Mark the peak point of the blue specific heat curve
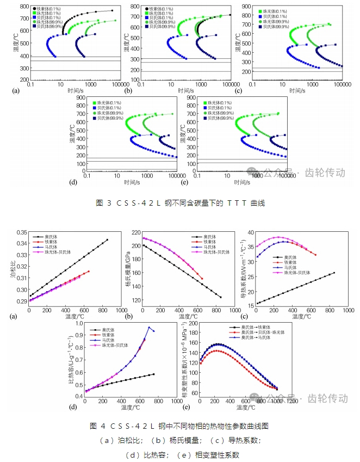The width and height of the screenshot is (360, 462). click(x=149, y=327)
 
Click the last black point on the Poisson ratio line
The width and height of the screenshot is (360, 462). click(x=107, y=240)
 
